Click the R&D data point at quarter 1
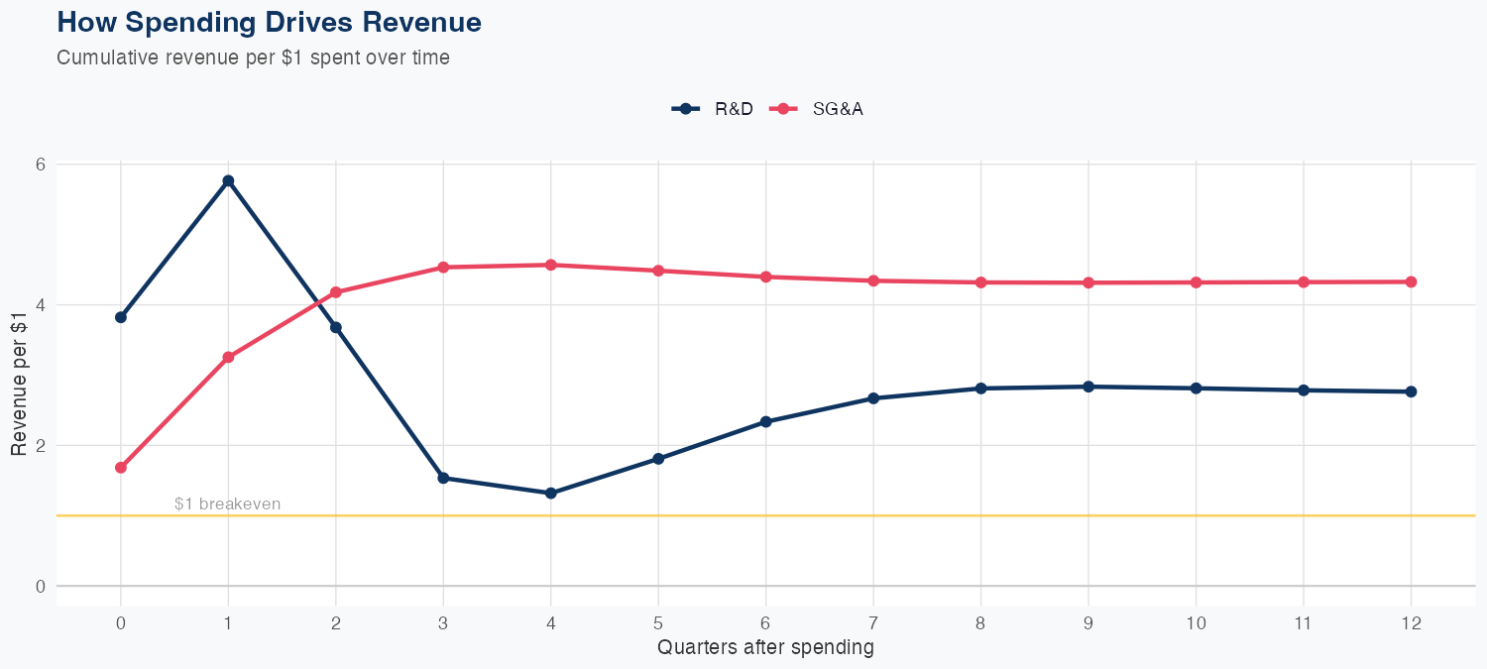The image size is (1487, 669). point(228,180)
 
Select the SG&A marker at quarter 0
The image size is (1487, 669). point(121,467)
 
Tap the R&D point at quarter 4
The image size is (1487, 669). point(550,493)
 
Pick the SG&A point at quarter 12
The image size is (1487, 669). point(1411,281)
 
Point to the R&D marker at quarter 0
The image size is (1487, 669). point(121,317)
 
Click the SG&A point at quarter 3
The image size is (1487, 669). point(443,267)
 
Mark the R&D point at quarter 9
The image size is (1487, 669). point(1088,387)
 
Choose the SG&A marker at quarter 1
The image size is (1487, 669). point(228,357)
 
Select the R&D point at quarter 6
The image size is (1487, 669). point(765,421)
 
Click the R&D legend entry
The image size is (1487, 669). point(713,109)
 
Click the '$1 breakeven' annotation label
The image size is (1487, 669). point(227,503)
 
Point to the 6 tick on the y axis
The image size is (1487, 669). point(41,164)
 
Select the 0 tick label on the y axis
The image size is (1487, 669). point(41,586)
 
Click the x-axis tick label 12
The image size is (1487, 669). point(1411,623)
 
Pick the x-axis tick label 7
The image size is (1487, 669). point(873,623)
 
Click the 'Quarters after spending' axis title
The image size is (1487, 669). point(765,648)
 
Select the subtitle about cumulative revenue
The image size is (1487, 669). point(253,57)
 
